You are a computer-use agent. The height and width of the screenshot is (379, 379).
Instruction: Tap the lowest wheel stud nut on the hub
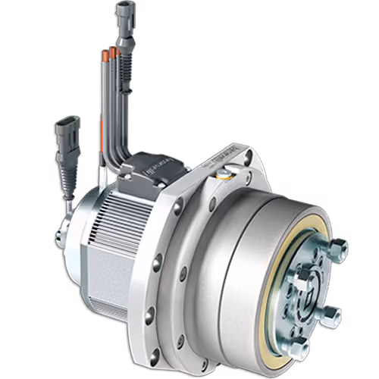point(298,348)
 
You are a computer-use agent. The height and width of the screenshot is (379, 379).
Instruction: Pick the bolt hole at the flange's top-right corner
point(248,158)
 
